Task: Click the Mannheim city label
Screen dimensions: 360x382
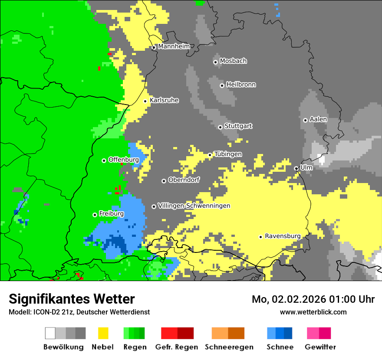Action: point(174,46)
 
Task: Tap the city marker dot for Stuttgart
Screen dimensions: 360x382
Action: point(220,127)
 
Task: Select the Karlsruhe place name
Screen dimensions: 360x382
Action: point(164,100)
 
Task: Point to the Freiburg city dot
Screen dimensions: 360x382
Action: point(95,215)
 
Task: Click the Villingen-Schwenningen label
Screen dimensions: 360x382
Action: point(194,206)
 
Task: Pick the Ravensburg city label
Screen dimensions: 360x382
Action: point(283,236)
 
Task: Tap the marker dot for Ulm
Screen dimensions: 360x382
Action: point(296,168)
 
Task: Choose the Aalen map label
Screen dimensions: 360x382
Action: point(318,119)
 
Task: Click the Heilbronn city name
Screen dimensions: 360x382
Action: point(241,85)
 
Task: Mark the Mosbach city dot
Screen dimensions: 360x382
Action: point(215,62)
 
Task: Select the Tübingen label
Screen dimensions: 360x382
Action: point(228,154)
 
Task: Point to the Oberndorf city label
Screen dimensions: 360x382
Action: point(184,180)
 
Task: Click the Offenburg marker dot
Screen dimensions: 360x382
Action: point(104,160)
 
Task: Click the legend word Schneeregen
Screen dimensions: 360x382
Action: point(229,347)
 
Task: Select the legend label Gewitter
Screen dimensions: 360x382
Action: point(320,347)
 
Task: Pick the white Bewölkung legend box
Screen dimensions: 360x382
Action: point(50,333)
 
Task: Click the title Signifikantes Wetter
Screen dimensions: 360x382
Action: point(72,299)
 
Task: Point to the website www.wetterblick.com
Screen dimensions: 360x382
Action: point(313,312)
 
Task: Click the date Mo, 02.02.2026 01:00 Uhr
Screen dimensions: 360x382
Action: point(313,299)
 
